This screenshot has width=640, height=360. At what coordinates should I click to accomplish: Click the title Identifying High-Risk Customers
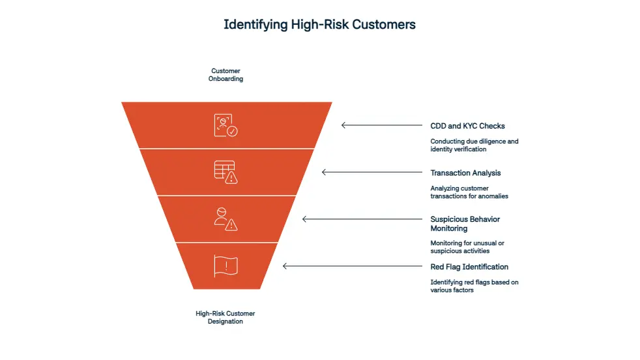319,25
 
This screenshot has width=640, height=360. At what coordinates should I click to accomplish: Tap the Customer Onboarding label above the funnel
226,74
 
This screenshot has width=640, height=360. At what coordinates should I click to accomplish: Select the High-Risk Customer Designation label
226,317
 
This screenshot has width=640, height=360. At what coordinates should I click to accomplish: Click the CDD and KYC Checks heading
467,126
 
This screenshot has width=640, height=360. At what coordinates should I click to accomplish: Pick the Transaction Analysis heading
465,173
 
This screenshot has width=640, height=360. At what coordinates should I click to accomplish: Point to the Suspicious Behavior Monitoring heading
465,224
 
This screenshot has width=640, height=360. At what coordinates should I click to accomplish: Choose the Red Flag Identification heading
469,267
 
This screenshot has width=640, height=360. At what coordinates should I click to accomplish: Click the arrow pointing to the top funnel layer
381,125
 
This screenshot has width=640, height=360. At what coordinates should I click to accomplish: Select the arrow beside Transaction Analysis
371,172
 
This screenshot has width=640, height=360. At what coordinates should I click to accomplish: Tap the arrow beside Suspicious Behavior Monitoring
362,219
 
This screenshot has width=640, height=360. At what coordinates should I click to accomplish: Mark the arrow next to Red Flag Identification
352,266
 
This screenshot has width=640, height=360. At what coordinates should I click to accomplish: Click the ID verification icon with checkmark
225,125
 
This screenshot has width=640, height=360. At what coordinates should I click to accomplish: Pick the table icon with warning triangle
225,172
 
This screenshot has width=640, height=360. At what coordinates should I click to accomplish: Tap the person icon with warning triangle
225,219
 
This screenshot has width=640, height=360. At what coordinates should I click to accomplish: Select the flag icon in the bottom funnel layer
225,266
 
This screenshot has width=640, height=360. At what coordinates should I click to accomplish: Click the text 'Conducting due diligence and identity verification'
474,145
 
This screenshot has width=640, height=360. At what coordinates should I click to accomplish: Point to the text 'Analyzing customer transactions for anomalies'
469,192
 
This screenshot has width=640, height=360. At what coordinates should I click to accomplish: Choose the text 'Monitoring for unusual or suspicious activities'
467,247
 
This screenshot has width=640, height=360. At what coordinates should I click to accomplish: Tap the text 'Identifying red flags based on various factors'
474,286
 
